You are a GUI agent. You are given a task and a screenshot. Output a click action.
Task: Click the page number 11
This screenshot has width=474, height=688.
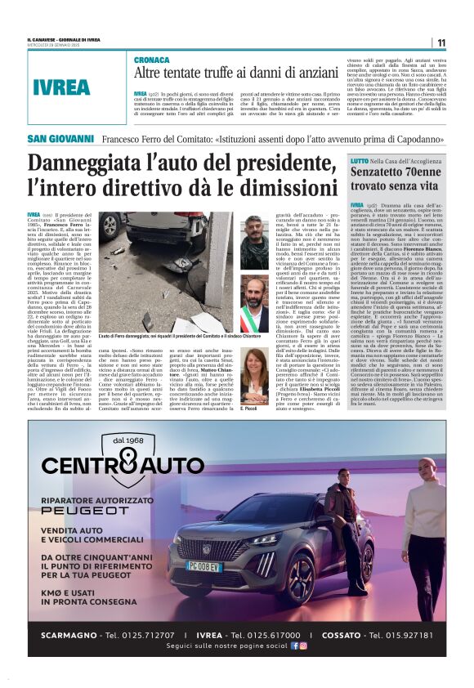click(441, 42)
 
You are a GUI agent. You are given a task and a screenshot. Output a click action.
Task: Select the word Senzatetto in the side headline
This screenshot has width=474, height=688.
click(384, 173)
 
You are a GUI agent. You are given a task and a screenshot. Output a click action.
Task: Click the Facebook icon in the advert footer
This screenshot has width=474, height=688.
click(295, 646)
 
